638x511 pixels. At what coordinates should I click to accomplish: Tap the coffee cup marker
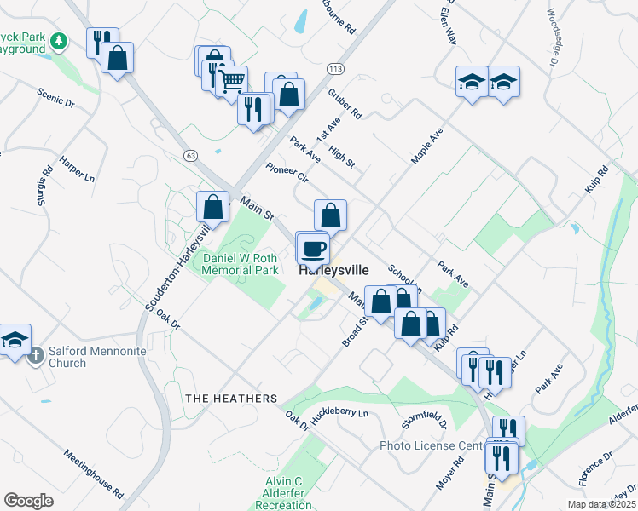pos(313,248)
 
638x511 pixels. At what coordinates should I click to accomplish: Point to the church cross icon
pos(34,355)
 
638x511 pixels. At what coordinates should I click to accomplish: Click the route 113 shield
pos(336,68)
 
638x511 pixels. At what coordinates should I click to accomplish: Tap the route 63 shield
pos(189,156)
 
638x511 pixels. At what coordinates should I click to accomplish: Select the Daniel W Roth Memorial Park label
pos(241,264)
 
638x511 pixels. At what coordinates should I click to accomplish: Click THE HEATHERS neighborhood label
pos(232,399)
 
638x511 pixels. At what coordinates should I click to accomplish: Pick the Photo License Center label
pos(432,445)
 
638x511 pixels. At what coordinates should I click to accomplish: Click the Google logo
pos(28,501)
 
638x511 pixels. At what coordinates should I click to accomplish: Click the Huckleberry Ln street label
pos(339,415)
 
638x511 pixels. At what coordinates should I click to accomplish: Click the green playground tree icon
pos(58,41)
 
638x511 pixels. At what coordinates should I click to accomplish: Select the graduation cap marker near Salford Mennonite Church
pos(14,341)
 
